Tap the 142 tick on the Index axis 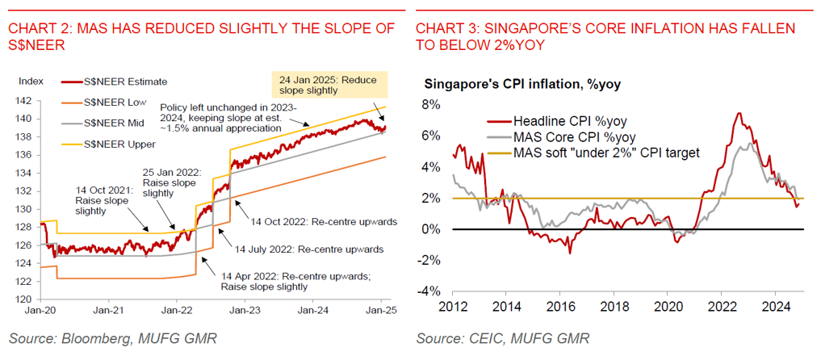click(27, 101)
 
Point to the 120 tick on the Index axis click(27, 299)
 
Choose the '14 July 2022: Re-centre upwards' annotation click(309, 249)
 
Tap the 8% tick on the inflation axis click(429, 105)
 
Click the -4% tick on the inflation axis click(428, 291)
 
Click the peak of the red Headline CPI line click(738, 114)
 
